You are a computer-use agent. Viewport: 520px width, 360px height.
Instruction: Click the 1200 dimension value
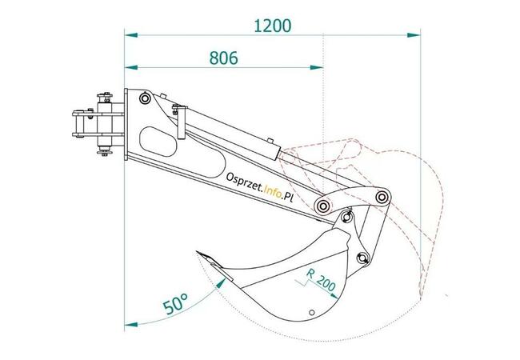(272, 25)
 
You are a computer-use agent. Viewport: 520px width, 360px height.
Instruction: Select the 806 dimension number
(226, 58)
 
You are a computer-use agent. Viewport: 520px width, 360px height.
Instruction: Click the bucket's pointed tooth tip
(195, 256)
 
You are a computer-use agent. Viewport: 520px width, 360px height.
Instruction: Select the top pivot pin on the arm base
(144, 98)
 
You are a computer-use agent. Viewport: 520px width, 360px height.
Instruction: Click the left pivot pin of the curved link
(322, 206)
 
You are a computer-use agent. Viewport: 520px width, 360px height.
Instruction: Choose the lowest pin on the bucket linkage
(362, 258)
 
